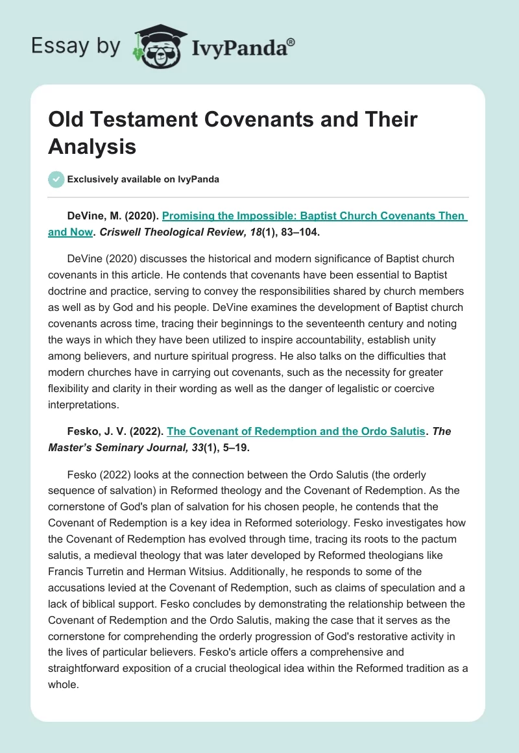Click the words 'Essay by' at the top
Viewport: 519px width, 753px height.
coord(77,45)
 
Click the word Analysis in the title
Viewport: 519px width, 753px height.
coord(92,147)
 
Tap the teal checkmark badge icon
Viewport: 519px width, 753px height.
coord(56,179)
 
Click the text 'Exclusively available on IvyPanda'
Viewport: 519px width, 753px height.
coord(143,179)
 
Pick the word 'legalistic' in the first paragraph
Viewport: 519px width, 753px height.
coord(339,388)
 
